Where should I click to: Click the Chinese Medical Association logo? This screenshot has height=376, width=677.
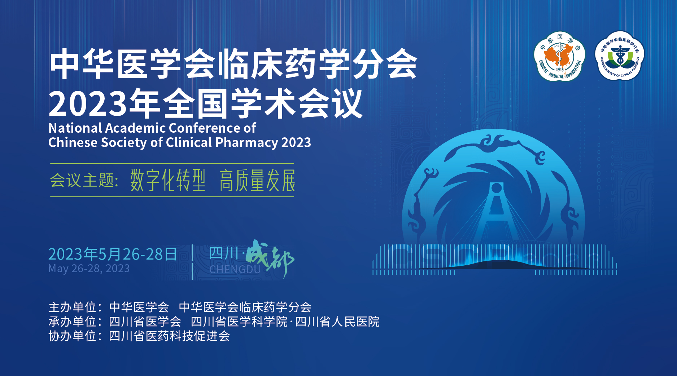pos(559,56)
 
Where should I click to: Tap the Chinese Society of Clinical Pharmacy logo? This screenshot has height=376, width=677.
pos(620,56)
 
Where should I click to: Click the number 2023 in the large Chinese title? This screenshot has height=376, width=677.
pos(88,104)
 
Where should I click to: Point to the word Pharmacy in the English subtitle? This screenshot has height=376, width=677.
pos(247,143)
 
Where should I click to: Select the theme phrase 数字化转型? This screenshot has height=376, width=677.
pos(168,180)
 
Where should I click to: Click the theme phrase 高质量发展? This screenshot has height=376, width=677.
pos(257,180)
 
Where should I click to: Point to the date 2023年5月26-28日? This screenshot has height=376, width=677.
pos(113,254)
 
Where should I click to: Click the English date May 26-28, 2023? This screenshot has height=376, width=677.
pos(89,269)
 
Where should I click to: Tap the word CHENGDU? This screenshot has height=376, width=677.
pos(235,270)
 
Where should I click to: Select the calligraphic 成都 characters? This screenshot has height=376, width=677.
pos(270,258)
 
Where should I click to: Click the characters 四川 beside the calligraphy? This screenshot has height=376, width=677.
pos(224,253)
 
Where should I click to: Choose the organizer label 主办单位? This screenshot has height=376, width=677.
pos(73,307)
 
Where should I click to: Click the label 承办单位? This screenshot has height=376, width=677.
pos(73,322)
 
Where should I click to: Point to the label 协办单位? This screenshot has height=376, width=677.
pos(73,336)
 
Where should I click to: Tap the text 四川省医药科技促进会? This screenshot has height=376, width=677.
pos(170,336)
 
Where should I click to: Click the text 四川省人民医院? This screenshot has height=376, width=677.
pos(337,322)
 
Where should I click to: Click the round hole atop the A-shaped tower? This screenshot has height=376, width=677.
pos(497,188)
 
